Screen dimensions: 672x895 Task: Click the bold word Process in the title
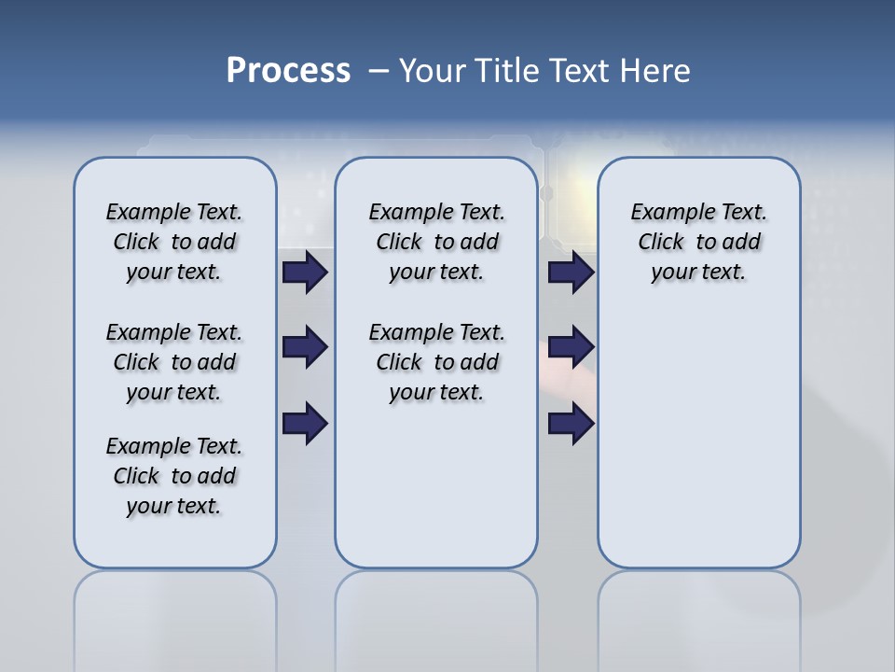pos(288,71)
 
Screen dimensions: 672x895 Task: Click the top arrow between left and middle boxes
pos(305,272)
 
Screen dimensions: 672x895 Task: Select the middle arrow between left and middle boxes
pos(305,348)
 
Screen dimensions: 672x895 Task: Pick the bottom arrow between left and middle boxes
pos(305,424)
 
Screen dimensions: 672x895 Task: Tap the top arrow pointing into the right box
pos(571,272)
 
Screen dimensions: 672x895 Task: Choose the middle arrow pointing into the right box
pos(571,348)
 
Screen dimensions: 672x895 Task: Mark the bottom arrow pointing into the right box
pos(571,424)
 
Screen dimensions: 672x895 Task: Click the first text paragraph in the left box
pos(174,242)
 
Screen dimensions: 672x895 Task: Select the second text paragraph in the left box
pos(174,362)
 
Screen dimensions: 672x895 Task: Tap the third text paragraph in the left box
pos(174,476)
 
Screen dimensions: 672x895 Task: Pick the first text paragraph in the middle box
pos(436,242)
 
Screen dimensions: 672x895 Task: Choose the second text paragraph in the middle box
pos(436,362)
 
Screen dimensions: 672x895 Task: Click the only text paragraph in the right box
pos(699,242)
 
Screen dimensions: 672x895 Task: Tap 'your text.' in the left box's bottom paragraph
pos(173,506)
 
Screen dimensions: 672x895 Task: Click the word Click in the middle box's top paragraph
pos(399,243)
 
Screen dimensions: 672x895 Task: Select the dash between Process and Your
pos(378,72)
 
